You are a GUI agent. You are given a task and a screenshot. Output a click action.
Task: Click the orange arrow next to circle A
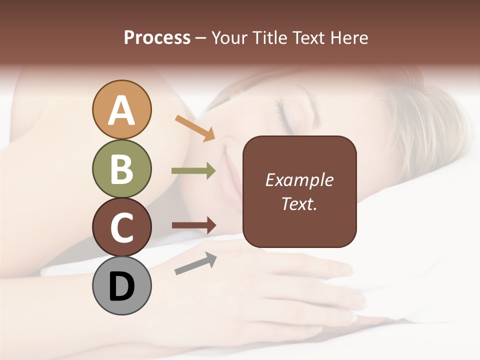[x=194, y=128]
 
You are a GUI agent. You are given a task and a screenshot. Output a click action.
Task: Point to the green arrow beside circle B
[x=193, y=170]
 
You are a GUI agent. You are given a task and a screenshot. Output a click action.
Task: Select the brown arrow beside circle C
[x=193, y=225]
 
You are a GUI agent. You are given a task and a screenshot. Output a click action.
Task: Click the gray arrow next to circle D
[x=195, y=263]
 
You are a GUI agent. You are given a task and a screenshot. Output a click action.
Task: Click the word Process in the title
[x=157, y=38]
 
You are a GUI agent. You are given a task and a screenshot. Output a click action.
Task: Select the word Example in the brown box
[x=299, y=180]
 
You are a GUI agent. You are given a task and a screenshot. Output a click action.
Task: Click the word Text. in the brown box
[x=299, y=203]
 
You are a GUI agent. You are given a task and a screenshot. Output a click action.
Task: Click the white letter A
[x=121, y=110]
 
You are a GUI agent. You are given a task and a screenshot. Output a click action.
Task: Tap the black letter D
[x=121, y=287]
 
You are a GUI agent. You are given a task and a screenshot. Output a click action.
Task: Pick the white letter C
[x=121, y=228]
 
